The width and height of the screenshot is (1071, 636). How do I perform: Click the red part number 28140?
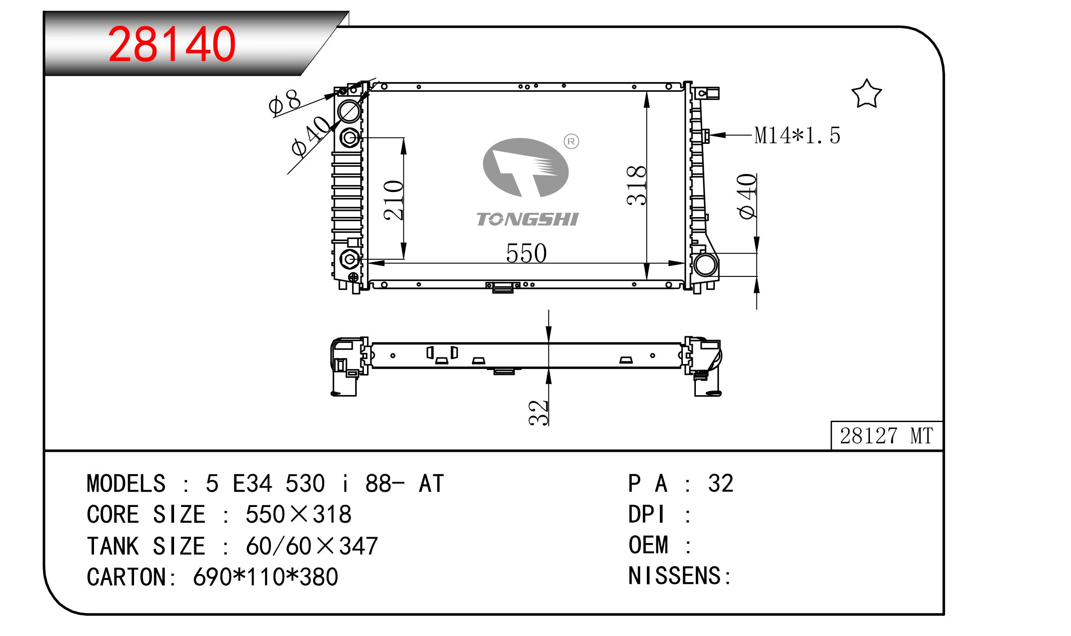pyautogui.click(x=172, y=44)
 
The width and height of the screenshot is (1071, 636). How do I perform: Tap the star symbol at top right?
pyautogui.click(x=866, y=94)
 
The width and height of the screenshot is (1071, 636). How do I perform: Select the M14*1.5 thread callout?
pyautogui.click(x=797, y=135)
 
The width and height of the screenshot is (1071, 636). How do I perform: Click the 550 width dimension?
pyautogui.click(x=526, y=253)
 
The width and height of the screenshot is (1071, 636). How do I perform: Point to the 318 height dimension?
pyautogui.click(x=636, y=185)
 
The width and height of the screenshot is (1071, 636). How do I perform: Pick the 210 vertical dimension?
pyautogui.click(x=394, y=200)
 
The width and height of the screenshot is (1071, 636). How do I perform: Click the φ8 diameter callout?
pyautogui.click(x=284, y=102)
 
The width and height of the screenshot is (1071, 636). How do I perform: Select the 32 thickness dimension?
pyautogui.click(x=538, y=412)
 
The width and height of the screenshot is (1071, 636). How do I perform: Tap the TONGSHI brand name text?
pyautogui.click(x=527, y=219)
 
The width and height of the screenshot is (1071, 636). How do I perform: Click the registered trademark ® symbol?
pyautogui.click(x=571, y=142)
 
